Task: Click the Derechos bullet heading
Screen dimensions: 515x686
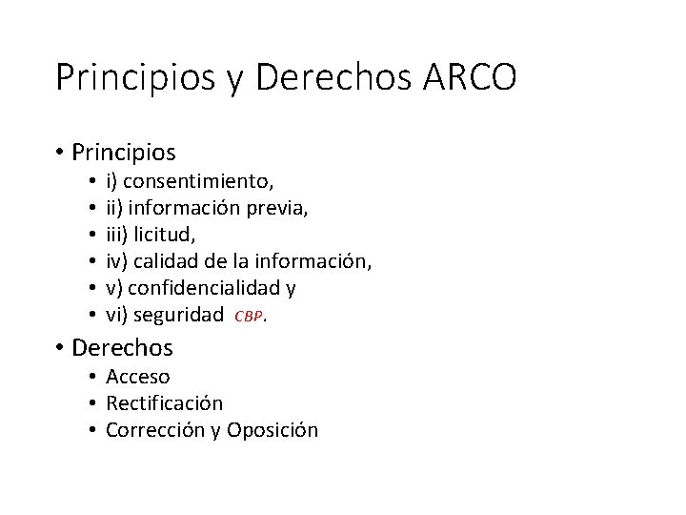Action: click(x=123, y=348)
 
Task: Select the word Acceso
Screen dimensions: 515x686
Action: click(x=137, y=376)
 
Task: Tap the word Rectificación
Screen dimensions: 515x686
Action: click(x=164, y=402)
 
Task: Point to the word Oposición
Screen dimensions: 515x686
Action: click(x=272, y=430)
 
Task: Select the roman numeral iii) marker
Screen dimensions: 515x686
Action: click(x=117, y=234)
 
